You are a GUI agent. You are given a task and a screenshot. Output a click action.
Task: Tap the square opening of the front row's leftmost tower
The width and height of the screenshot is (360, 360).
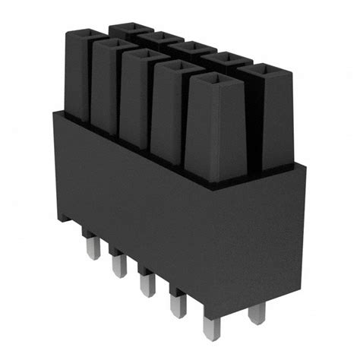tap(81, 33)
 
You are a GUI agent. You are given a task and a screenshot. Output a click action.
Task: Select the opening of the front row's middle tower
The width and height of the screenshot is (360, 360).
tap(143, 56)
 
